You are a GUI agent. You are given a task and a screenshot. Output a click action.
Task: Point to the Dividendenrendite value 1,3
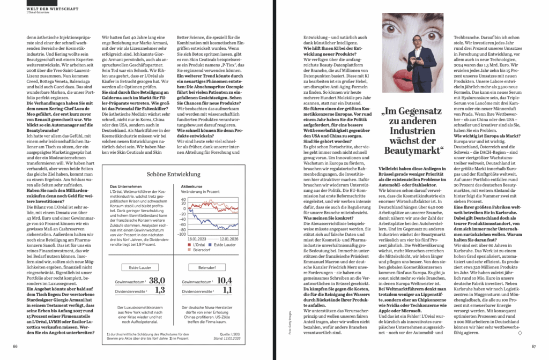160,290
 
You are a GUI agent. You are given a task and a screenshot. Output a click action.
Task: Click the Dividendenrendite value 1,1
227,290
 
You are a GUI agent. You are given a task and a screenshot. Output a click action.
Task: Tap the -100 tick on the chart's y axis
183,234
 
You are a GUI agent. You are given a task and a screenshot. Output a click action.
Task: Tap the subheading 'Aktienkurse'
191,186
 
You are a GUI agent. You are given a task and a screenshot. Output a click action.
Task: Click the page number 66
16,346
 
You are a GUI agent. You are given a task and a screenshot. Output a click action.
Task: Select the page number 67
533,346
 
